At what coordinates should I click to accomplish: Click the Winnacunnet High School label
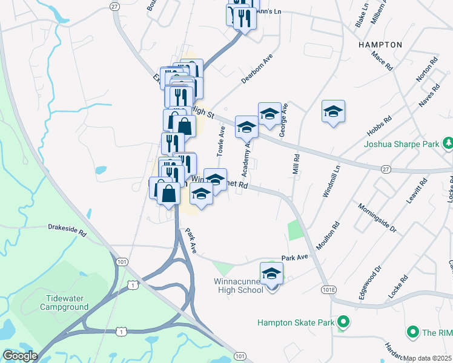[239, 286]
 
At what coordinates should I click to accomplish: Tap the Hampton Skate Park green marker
[343, 322]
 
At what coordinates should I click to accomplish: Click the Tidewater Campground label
[64, 302]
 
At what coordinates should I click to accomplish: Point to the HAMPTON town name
[380, 45]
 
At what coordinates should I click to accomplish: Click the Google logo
[19, 356]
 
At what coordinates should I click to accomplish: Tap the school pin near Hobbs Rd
[333, 111]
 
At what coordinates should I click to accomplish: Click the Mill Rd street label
[296, 165]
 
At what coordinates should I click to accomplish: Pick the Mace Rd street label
[383, 61]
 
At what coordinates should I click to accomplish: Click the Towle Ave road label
[222, 139]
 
